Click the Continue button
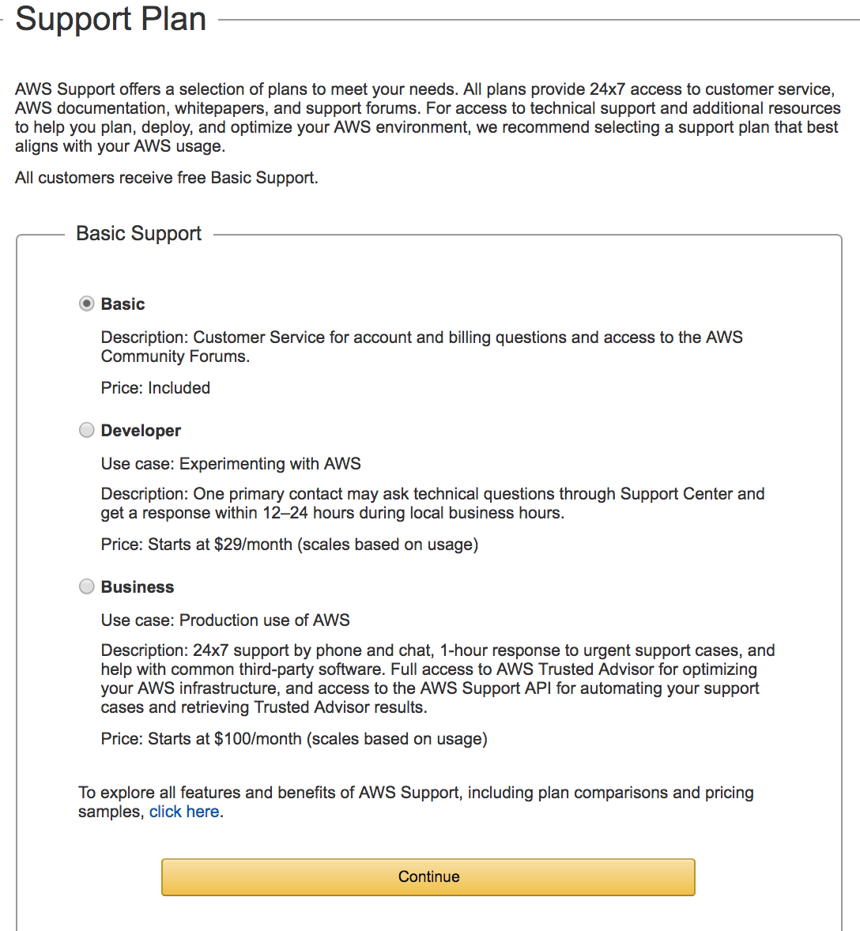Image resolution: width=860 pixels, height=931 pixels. tap(428, 876)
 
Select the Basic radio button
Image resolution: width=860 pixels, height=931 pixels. tap(86, 303)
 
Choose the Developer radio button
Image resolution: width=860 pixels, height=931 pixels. tap(86, 430)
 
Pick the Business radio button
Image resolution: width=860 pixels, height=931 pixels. tap(86, 586)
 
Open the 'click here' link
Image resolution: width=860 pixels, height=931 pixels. tap(184, 812)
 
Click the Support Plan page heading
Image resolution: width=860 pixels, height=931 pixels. tap(111, 19)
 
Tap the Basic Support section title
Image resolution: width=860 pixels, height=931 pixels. tap(139, 234)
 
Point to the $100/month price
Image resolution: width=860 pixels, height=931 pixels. tap(258, 739)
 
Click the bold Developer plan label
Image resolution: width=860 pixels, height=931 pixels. tap(141, 431)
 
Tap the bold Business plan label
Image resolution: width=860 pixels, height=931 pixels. tap(138, 587)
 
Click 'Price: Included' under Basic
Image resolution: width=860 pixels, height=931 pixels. tap(156, 388)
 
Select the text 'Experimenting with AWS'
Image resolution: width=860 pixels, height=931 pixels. tap(270, 464)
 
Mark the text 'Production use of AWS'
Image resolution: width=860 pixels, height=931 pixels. tap(265, 620)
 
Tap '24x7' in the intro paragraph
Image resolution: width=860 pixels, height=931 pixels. tap(607, 89)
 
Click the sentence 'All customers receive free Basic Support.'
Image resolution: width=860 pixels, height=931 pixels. tap(167, 178)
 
